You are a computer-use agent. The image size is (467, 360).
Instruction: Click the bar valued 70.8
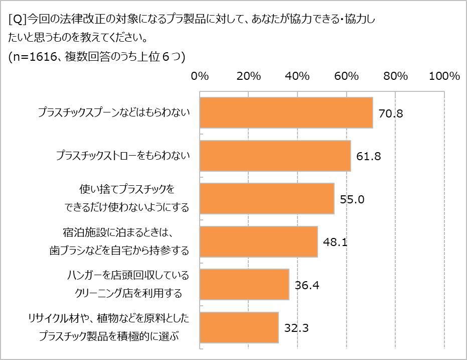286,113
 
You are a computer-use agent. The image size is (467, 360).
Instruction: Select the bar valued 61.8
275,156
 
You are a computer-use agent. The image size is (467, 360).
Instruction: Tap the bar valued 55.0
267,199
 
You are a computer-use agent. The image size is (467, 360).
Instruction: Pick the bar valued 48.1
258,242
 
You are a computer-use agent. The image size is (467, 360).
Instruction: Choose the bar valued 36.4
244,285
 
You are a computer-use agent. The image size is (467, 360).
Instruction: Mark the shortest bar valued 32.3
239,327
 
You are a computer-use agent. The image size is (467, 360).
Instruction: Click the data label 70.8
391,113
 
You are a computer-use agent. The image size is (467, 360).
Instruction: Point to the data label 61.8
369,156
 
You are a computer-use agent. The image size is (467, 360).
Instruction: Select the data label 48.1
336,242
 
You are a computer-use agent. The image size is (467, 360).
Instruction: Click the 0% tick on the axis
200,76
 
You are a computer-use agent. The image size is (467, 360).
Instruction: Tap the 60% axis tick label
347,76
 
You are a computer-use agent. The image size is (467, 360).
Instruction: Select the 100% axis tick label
444,76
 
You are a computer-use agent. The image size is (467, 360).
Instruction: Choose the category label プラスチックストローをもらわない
123,156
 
